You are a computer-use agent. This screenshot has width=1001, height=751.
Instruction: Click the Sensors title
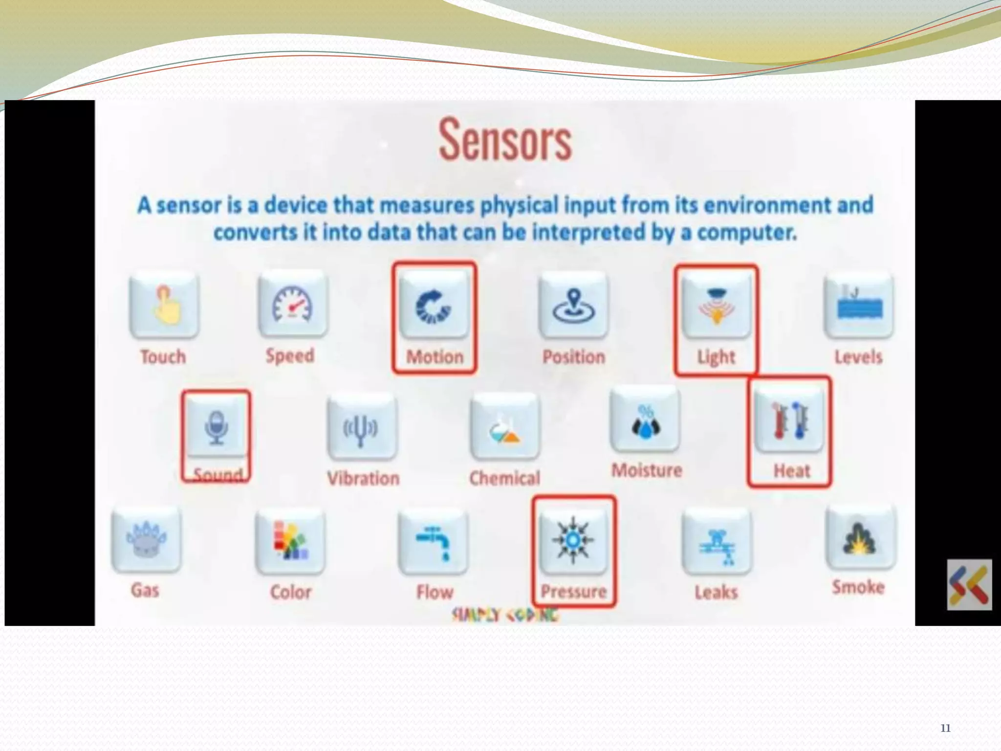pos(505,140)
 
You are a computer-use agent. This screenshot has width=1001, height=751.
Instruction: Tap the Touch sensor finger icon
pos(164,305)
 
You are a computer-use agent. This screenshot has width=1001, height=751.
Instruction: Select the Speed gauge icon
pos(293,304)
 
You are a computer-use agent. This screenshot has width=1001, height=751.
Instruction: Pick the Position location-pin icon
pos(574,306)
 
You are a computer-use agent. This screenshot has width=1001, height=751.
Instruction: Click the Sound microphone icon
pos(217,427)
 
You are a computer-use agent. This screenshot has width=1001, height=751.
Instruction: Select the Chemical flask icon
pos(505,427)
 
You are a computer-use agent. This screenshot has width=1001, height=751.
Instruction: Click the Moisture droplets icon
pos(645,420)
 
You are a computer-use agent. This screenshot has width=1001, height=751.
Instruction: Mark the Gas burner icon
pos(146,539)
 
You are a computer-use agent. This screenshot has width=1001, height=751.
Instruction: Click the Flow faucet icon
pos(433,541)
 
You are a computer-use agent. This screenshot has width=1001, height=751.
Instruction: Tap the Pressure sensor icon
pos(573,540)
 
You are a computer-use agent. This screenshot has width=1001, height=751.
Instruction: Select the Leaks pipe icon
pos(717,542)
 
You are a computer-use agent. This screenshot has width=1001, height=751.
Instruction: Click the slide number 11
pos(945,728)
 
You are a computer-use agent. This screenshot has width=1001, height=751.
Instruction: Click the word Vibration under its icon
pos(363,478)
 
